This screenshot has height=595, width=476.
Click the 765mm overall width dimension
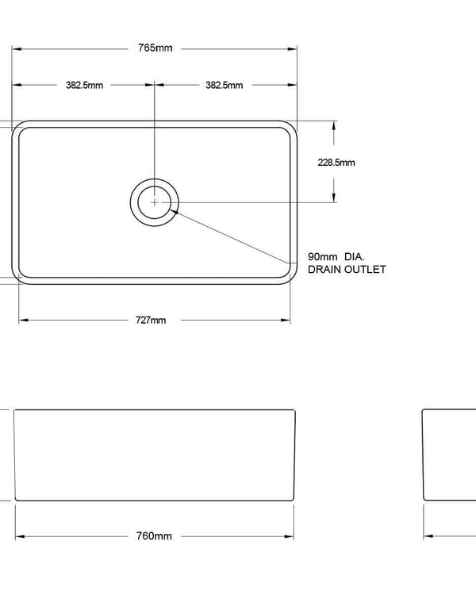[155, 48]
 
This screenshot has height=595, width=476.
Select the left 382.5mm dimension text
[84, 85]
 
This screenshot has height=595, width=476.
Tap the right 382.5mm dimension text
[225, 85]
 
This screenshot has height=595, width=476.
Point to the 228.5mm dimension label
[336, 162]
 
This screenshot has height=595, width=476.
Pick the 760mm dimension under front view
[154, 536]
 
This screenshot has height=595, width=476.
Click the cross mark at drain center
[154, 202]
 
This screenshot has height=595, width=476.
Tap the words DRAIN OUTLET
[347, 270]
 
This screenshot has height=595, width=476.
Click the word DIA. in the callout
[355, 257]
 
